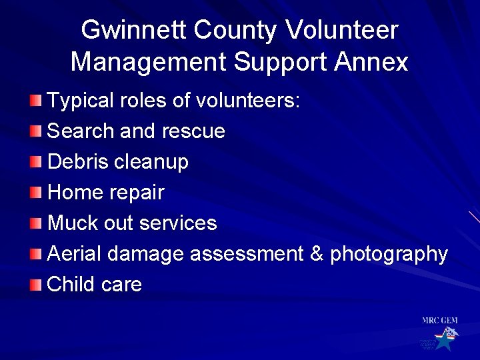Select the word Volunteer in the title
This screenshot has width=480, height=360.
tap(341, 30)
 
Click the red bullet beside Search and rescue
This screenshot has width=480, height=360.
tap(35, 131)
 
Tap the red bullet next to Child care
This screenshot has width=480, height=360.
tap(35, 285)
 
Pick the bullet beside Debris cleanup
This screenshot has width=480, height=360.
tap(35, 161)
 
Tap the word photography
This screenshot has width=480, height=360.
tap(389, 255)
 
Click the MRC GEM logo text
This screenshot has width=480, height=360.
tap(439, 321)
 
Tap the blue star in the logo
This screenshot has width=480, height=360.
tap(443, 341)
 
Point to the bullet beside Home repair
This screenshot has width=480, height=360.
tap(35, 193)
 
